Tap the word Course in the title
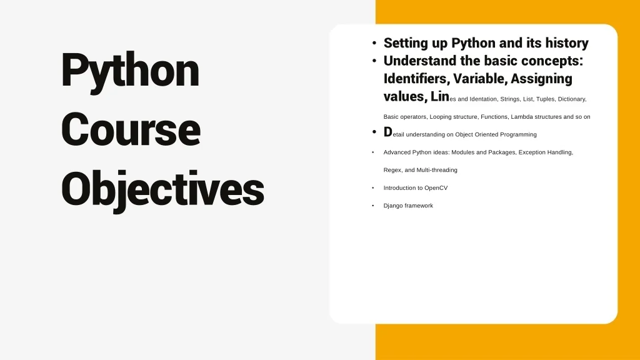(131, 129)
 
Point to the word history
(567, 43)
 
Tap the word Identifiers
(417, 78)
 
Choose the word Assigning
(541, 79)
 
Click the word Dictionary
(572, 99)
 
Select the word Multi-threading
(437, 170)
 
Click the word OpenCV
(436, 188)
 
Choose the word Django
(392, 206)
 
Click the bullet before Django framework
(373, 206)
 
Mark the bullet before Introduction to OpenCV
(373, 187)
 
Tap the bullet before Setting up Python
(374, 43)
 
